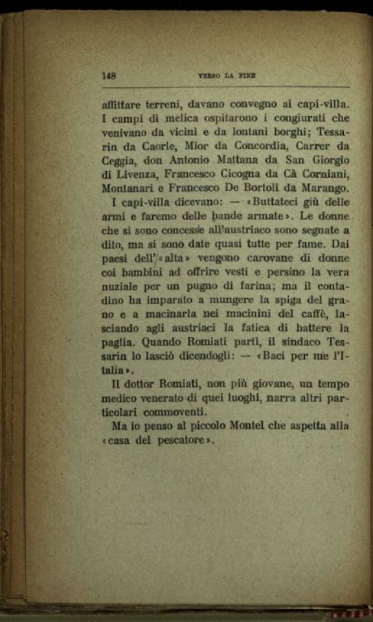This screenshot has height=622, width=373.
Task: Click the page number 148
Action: [109, 75]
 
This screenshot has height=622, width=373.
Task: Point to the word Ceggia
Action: [122, 161]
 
